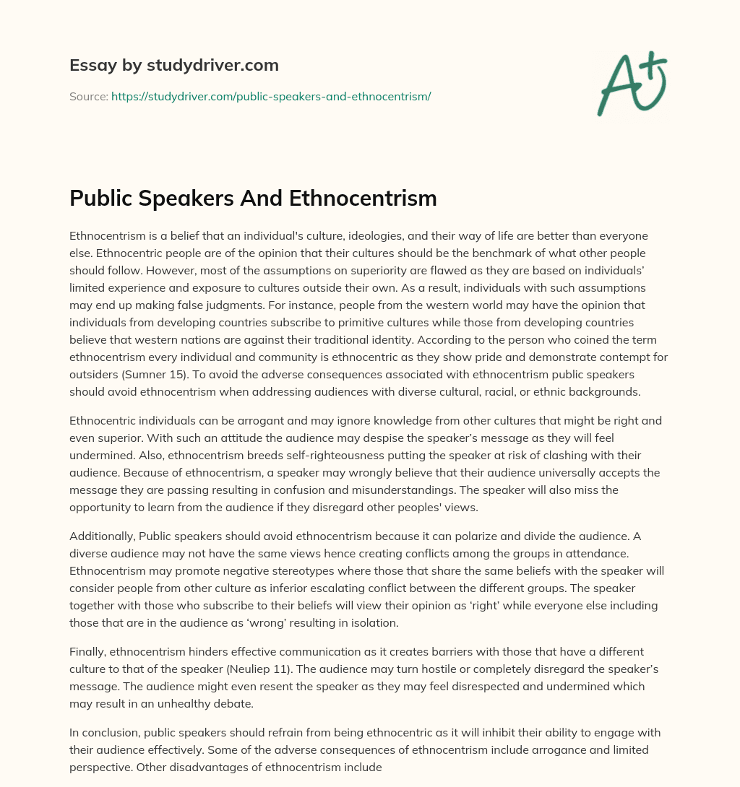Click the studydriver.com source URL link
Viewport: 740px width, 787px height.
point(271,96)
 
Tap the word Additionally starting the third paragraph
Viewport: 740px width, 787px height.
point(100,536)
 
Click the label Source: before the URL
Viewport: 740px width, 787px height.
point(89,96)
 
